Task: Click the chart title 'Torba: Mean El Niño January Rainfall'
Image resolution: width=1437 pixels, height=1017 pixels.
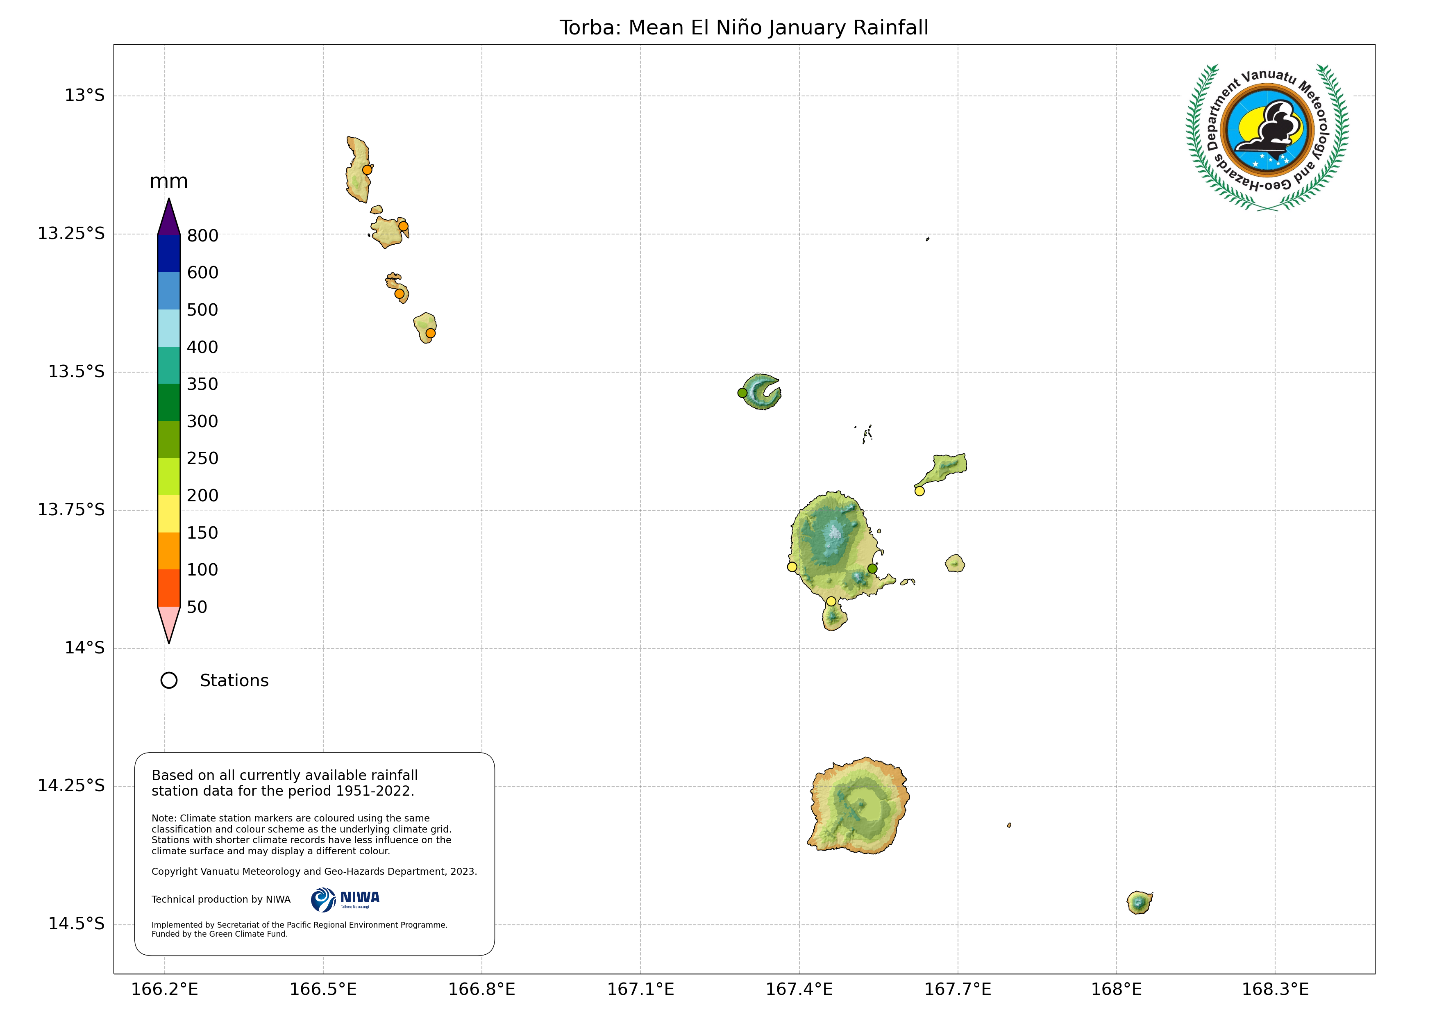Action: [x=744, y=27]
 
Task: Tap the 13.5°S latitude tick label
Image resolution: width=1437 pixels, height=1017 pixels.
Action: [x=76, y=371]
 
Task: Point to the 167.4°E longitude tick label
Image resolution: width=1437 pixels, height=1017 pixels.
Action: [x=799, y=990]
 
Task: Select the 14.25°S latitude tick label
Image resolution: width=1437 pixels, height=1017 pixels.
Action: [x=71, y=785]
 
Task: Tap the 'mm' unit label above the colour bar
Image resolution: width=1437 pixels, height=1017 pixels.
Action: [x=168, y=182]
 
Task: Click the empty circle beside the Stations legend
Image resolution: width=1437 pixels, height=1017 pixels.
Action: [x=169, y=681]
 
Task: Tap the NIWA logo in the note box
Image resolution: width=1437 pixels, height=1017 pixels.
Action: [x=345, y=900]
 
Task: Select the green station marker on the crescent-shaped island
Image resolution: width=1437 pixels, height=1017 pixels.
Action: [x=742, y=393]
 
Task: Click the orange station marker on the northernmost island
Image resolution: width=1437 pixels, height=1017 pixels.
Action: [x=368, y=170]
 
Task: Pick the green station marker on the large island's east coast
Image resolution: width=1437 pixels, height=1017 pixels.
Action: [x=872, y=569]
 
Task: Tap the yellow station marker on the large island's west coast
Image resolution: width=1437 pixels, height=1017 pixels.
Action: [x=792, y=567]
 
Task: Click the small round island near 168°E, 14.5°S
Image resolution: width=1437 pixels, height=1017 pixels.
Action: [x=1139, y=902]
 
